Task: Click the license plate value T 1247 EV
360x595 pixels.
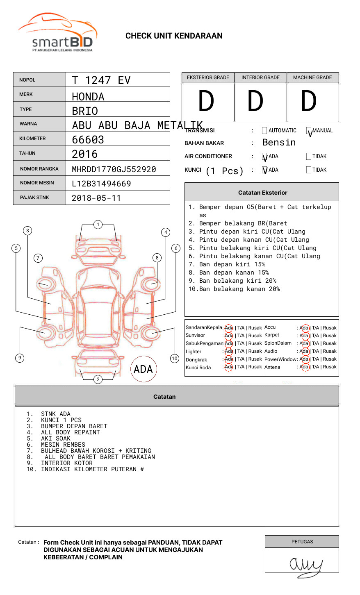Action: pos(101,80)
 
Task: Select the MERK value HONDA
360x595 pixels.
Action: pos(88,97)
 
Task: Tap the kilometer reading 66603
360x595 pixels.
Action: pos(88,140)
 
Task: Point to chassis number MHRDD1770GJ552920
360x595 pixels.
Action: pos(114,169)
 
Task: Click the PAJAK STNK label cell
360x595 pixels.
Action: pos(34,198)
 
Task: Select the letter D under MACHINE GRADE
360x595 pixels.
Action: pos(309,101)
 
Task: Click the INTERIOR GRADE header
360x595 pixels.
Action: pos(260,77)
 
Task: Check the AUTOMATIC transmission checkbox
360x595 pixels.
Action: pos(264,131)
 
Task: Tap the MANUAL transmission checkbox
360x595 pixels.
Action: pos(309,131)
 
